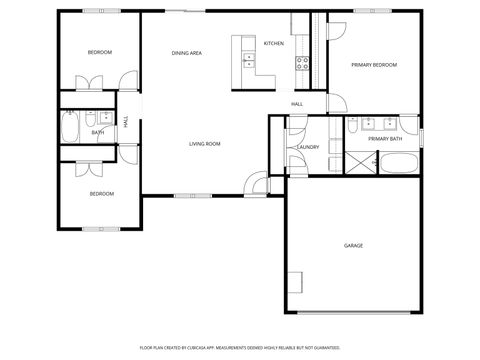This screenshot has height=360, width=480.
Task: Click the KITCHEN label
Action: pos(273,44)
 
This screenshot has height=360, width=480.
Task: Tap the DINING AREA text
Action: pos(187,52)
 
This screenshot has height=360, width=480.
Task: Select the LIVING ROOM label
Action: pos(205,144)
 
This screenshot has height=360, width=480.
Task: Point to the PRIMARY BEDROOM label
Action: pos(374,64)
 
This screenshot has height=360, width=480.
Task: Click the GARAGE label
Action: pos(353,245)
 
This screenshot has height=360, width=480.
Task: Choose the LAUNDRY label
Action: pos(307,148)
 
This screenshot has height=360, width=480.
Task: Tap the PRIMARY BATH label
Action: pos(384,139)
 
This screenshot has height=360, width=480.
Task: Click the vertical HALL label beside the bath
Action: pos(126,121)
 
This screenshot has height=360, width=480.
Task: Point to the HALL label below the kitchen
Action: pos(297,104)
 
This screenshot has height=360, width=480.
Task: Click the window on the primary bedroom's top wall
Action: pos(367,11)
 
